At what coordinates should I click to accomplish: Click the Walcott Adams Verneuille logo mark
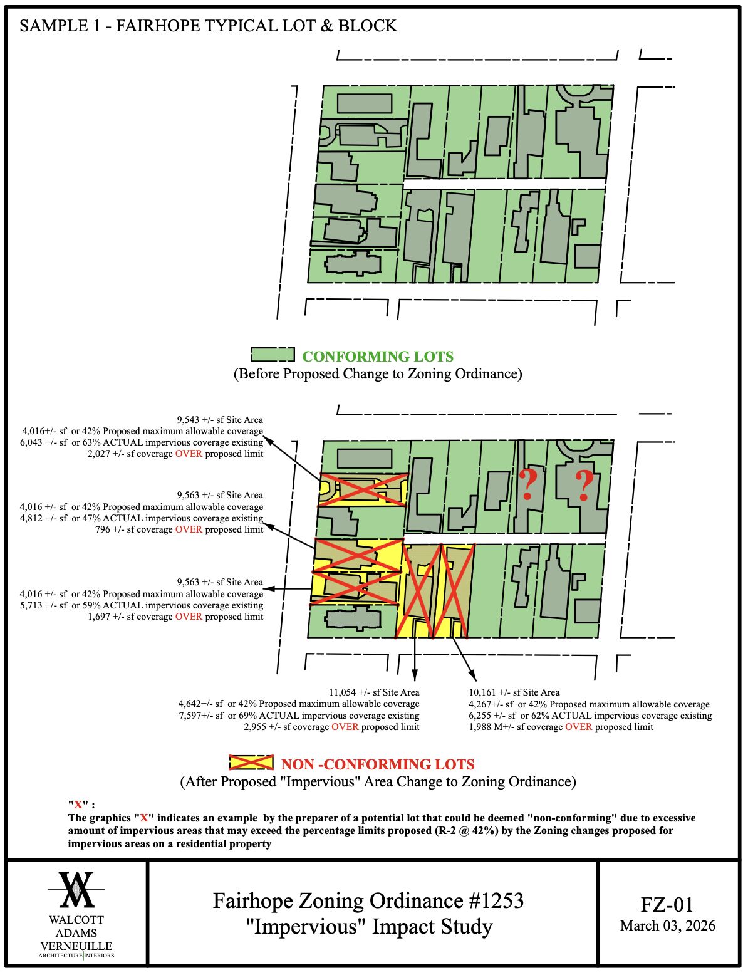76,890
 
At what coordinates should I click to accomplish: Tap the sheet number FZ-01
667,905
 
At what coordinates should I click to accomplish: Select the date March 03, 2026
667,926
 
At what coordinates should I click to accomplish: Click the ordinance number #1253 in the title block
494,901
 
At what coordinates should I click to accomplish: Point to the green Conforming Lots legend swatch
273,355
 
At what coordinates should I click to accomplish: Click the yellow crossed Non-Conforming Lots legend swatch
251,763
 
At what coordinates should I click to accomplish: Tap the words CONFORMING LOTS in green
378,357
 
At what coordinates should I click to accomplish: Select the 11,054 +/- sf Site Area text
374,692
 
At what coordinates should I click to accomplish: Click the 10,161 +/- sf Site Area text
514,692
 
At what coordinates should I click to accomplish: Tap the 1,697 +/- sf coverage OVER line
175,617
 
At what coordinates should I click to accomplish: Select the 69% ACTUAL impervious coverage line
299,716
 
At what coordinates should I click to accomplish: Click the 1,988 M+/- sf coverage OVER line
561,727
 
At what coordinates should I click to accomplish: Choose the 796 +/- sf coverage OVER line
179,529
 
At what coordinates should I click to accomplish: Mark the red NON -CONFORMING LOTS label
378,764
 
